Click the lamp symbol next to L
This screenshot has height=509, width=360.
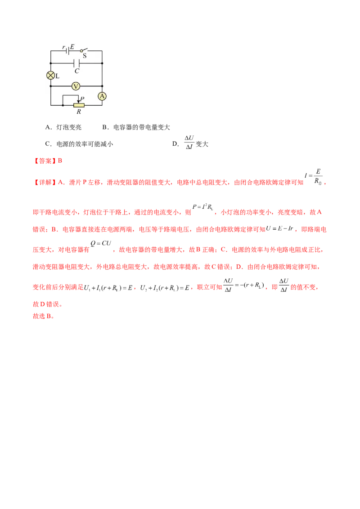(x=51, y=76)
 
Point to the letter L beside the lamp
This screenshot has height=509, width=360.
(x=58, y=76)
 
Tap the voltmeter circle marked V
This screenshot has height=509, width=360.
(x=76, y=86)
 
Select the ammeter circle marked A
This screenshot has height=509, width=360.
(x=102, y=96)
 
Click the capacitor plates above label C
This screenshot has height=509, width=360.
(x=76, y=63)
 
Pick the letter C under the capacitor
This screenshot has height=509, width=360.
(x=76, y=71)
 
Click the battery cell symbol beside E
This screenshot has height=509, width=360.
(x=67, y=50)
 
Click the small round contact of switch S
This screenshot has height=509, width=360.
(x=81, y=51)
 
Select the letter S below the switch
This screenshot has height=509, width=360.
(x=85, y=56)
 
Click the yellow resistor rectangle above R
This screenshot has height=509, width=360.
(x=79, y=105)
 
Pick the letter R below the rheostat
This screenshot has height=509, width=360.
(x=79, y=112)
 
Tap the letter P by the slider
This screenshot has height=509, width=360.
(x=82, y=98)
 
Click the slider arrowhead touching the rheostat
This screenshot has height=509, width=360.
(x=79, y=102)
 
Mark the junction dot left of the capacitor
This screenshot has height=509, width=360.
(x=51, y=63)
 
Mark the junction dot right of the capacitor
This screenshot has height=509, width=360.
(x=102, y=63)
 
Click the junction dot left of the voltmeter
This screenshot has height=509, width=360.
(x=51, y=86)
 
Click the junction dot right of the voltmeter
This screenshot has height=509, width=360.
(x=102, y=86)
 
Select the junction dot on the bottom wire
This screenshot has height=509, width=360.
(x=63, y=105)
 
